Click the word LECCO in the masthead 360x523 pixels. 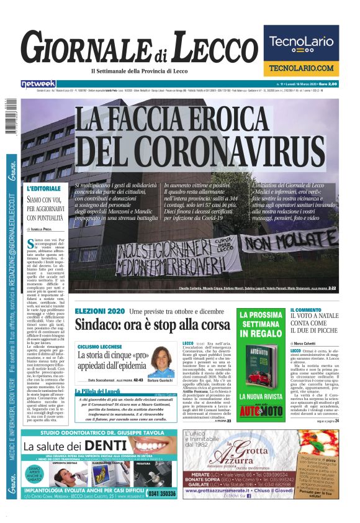click(211, 49)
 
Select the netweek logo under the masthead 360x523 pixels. click(38, 83)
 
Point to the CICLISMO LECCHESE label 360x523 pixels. click(99, 346)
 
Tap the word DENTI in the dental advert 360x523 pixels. click(115, 463)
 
